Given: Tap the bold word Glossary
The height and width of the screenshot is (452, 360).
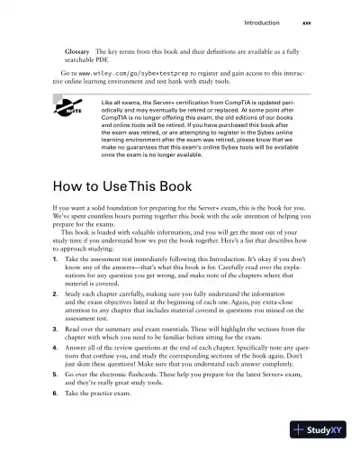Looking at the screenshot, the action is tap(76, 51).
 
